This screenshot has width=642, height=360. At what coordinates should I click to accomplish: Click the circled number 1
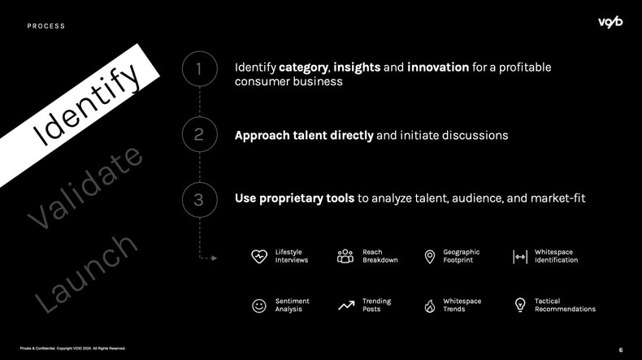click(x=199, y=70)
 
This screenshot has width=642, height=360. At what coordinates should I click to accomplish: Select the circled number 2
click(x=199, y=135)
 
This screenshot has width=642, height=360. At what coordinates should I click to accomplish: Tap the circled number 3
click(x=199, y=200)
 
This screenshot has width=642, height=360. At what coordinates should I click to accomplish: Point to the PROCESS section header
click(x=46, y=26)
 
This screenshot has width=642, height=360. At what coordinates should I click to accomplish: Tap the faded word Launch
click(x=85, y=273)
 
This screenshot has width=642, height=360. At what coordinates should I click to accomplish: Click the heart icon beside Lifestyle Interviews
click(x=259, y=257)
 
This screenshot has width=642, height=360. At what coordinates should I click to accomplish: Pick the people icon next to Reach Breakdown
click(x=345, y=257)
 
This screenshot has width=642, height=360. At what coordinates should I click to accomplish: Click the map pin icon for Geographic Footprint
click(x=430, y=257)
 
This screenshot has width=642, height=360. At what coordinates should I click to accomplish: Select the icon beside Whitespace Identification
click(x=520, y=257)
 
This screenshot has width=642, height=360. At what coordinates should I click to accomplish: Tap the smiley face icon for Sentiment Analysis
click(x=259, y=306)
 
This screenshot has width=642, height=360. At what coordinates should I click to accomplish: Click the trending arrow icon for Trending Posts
click(x=345, y=306)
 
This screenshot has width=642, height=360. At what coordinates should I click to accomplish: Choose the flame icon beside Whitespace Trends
click(x=430, y=306)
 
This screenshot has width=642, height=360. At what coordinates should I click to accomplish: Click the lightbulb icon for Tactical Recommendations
click(x=520, y=306)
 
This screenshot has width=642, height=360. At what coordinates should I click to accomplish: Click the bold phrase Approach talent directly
click(x=304, y=135)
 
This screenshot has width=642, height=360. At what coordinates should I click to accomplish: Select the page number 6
click(x=621, y=349)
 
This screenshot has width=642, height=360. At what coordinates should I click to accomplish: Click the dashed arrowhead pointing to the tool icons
click(x=215, y=258)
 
